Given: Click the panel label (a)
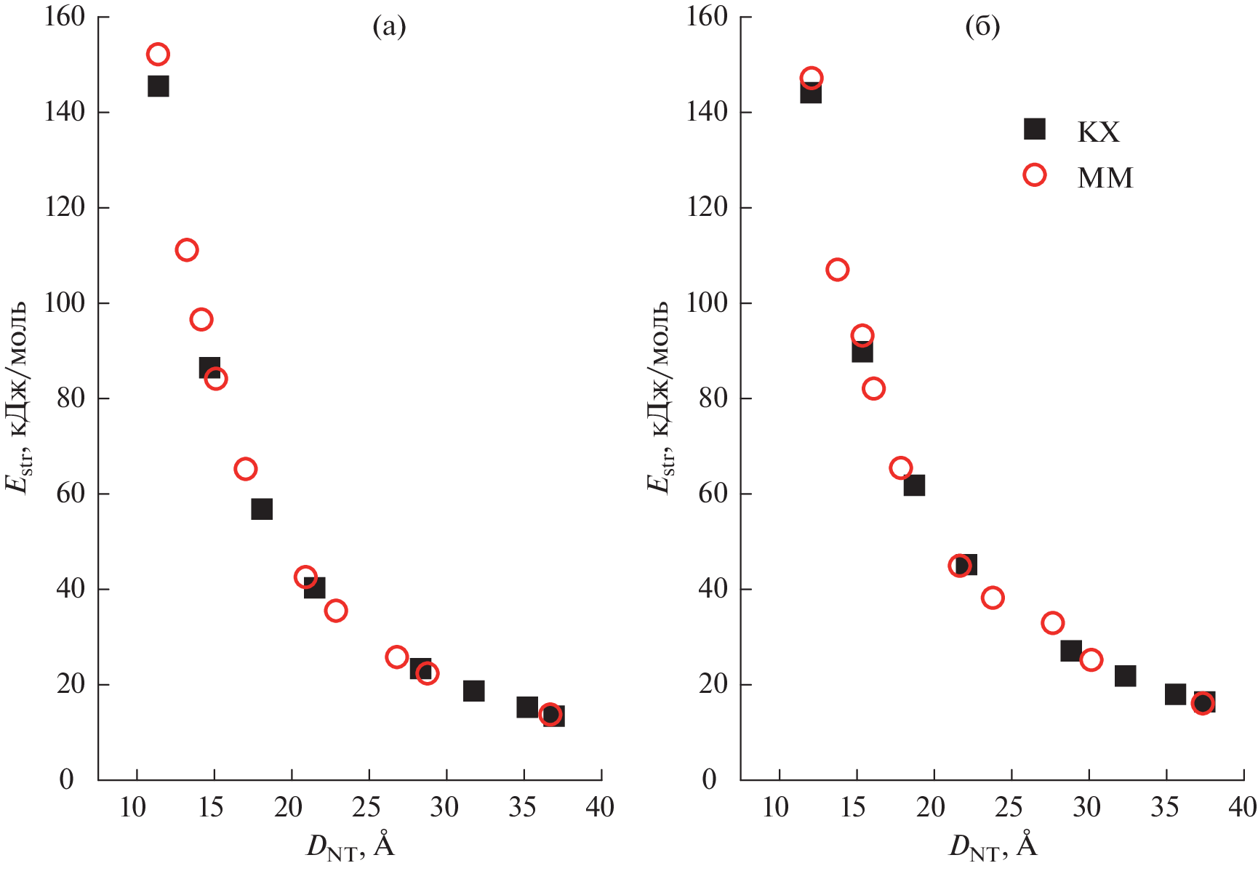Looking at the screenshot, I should coord(389,27).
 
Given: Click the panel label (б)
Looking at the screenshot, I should coord(982,27).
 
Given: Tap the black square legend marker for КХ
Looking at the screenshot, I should coord(1034,129).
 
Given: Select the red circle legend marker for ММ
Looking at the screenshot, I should coord(1034,175).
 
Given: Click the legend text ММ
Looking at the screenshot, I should coord(1105,178).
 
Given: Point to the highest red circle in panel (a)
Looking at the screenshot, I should coord(158,55).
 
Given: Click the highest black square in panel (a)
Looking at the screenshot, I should coord(158,87).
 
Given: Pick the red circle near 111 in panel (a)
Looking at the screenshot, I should coord(187,250).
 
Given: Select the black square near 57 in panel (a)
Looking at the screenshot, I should coord(262,509).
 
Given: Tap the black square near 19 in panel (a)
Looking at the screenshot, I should coord(473,691).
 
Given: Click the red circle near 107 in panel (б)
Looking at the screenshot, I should coord(837,270).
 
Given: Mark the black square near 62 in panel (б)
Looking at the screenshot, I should coord(914,485).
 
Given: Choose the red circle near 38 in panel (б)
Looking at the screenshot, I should coord(993,598).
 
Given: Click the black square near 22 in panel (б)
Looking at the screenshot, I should coord(1125,675).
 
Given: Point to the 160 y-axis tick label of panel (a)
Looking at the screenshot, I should coord(65,17).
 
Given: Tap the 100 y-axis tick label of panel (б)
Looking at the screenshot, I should coord(707,302).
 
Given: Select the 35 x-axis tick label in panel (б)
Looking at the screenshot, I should coord(1165,807).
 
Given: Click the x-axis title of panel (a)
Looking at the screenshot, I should coord(350,847).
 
